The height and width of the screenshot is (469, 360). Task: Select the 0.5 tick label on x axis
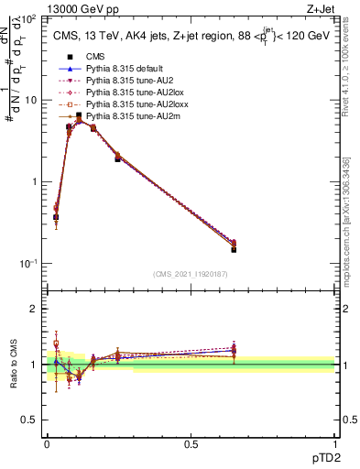(x=191, y=443)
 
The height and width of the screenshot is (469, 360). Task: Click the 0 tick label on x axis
(x=47, y=443)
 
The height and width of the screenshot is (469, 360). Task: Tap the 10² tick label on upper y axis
(x=29, y=18)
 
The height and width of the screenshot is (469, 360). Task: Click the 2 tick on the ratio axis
(x=35, y=309)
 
